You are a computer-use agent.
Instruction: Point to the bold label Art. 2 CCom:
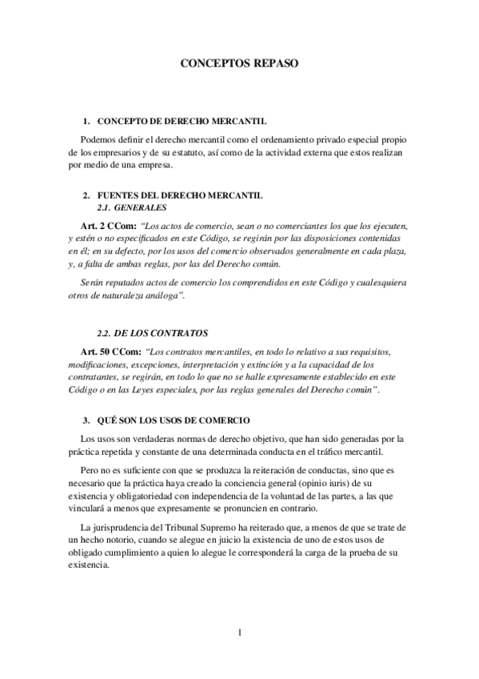108,226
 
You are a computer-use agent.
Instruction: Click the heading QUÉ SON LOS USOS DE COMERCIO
173,420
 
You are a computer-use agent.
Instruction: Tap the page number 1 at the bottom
239,633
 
